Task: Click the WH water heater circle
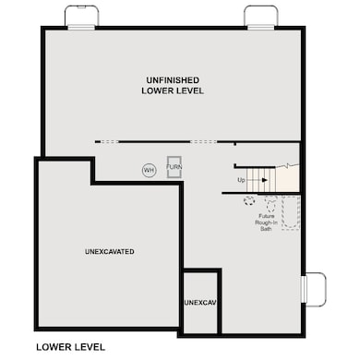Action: [x=148, y=170]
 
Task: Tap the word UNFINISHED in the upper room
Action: [x=173, y=79]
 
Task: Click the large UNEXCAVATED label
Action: [x=110, y=251]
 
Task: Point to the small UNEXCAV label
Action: [x=199, y=303]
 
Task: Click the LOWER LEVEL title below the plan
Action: [x=70, y=347]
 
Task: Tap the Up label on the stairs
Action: [x=241, y=179]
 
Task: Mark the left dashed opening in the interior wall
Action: [x=109, y=141]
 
